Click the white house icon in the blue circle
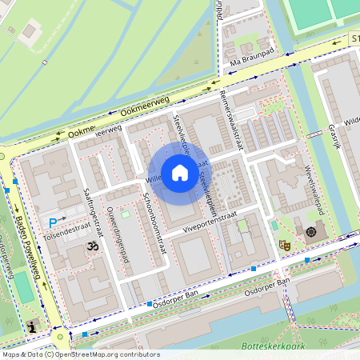(x=180, y=172)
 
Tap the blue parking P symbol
(x=54, y=222)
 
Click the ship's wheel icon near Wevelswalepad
(x=310, y=232)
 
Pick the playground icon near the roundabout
(x=32, y=326)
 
